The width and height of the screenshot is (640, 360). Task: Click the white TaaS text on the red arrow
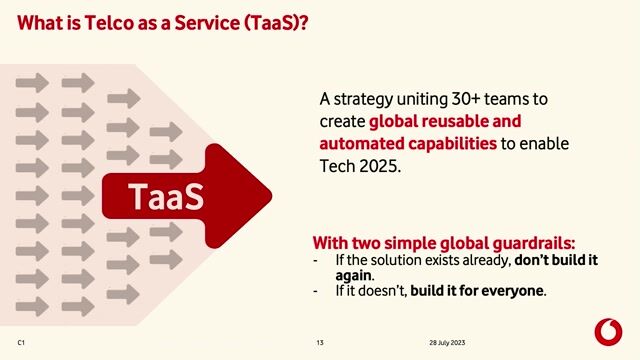coord(166,195)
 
